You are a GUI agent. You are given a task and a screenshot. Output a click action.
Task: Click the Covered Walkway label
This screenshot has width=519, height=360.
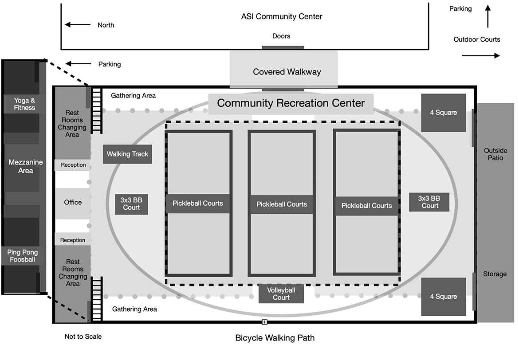[287, 72]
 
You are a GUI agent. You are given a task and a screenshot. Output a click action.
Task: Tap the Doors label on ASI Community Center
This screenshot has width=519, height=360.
[281, 36]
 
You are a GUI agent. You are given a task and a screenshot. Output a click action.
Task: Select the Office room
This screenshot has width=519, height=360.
[73, 203]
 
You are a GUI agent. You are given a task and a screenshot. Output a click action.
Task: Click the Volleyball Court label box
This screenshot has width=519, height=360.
[281, 293]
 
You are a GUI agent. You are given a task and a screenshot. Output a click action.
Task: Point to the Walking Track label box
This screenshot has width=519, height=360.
[128, 154]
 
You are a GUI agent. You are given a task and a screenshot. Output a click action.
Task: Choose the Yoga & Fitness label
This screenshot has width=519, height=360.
[24, 104]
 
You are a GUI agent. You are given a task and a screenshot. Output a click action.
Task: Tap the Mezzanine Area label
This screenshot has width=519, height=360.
[26, 166]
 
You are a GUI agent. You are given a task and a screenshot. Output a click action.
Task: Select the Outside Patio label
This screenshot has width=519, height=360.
[495, 154]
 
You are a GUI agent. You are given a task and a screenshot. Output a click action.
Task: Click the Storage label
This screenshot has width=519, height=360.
[495, 274]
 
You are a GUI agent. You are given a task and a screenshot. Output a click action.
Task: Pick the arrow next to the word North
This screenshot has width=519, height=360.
[78, 25]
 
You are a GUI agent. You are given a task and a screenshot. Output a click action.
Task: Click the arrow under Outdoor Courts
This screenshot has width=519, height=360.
[481, 56]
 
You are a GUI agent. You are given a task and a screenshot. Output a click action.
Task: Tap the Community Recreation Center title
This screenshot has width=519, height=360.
[291, 104]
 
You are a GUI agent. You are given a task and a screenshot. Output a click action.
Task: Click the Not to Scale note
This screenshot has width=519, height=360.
[83, 337]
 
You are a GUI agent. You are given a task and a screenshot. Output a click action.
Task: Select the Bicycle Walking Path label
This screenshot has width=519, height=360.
[275, 338]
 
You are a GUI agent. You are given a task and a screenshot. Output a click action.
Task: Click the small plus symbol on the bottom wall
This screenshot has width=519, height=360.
[264, 322]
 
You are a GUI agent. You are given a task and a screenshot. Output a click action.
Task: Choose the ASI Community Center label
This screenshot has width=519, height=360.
[281, 17]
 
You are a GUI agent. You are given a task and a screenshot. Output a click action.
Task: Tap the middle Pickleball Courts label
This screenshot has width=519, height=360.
[282, 204]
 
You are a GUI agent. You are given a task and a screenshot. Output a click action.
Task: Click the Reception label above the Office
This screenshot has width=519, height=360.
[73, 165]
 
